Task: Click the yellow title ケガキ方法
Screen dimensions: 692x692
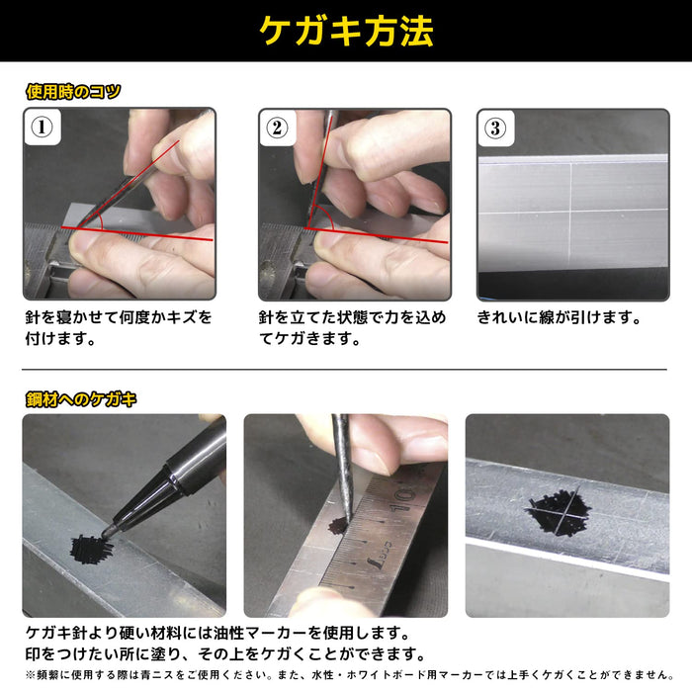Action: [x=346, y=31]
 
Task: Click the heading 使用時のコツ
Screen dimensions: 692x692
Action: [x=73, y=92]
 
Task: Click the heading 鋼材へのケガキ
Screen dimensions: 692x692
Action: [x=81, y=399]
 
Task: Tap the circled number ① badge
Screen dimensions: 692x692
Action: [x=41, y=128]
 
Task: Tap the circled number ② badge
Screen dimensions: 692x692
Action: [x=277, y=128]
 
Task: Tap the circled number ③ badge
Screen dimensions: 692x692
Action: [x=495, y=128]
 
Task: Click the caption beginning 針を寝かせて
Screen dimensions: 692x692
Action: [x=118, y=328]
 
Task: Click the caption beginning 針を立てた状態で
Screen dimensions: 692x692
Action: [x=352, y=328]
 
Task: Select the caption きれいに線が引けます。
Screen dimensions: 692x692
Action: [x=560, y=318]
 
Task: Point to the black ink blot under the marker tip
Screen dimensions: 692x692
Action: [x=90, y=546]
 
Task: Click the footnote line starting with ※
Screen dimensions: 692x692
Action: [x=346, y=675]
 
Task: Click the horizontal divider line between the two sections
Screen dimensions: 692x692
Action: [x=346, y=369]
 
